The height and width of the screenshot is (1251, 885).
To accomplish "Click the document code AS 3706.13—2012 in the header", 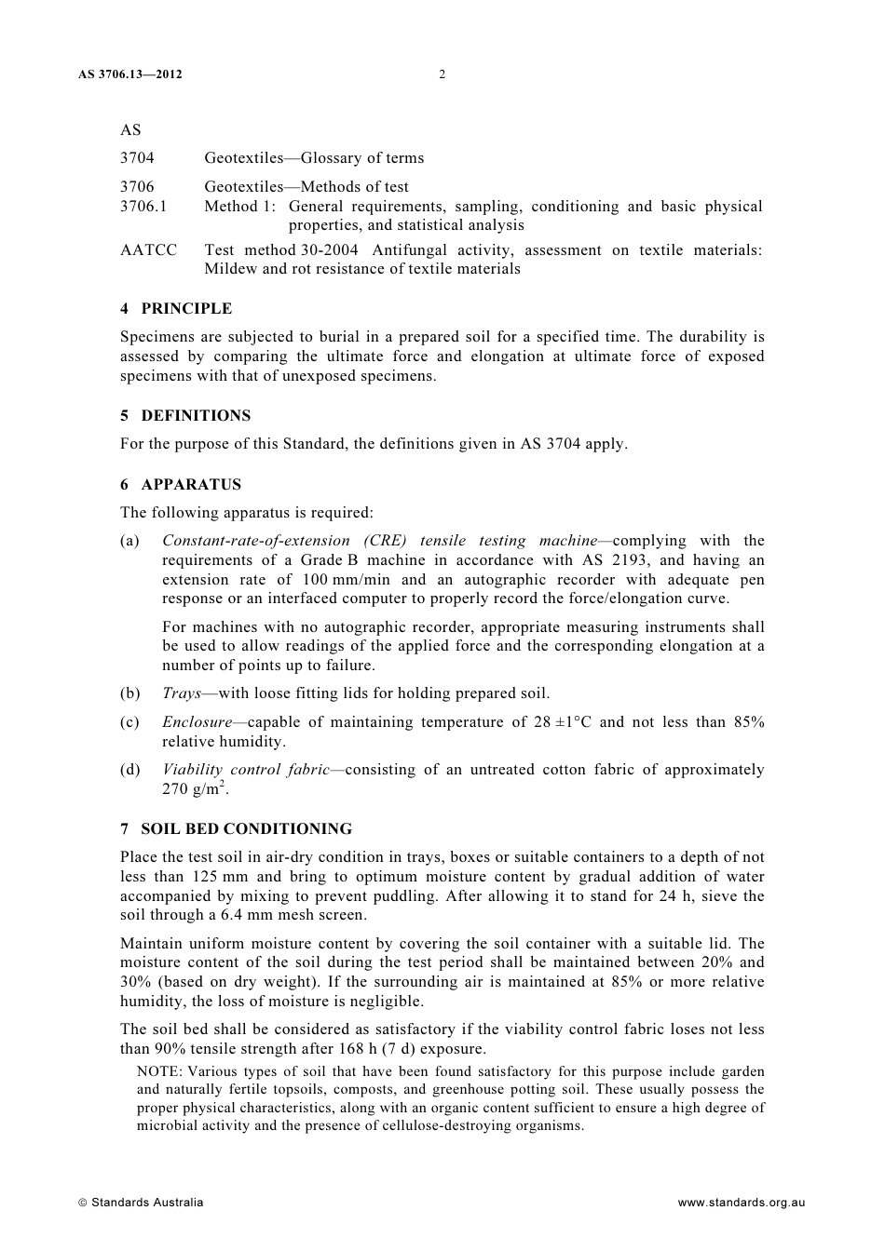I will click(130, 74).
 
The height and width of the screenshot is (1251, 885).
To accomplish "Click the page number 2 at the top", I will click(442, 74).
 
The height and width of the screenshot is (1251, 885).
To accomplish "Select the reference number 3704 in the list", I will click(137, 158).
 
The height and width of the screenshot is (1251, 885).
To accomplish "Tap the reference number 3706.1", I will click(143, 207).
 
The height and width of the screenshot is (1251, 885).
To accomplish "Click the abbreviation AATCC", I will click(148, 250).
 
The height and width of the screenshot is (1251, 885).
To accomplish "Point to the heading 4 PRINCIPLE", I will click(176, 309).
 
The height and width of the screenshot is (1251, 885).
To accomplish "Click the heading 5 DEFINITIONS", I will click(185, 416).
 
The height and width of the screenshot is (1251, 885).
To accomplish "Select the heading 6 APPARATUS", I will click(181, 485).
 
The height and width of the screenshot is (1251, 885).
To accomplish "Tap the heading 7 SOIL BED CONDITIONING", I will click(236, 829).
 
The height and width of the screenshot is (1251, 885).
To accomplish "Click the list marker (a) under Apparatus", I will click(129, 541).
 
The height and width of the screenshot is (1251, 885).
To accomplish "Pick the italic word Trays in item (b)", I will click(182, 693).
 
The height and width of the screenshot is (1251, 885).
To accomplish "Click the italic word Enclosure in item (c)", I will click(197, 722).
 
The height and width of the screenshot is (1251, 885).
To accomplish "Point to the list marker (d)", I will click(130, 770).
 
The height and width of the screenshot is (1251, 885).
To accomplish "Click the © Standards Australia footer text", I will click(141, 1203).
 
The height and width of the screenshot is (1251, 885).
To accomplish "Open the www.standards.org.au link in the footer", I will click(741, 1203).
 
